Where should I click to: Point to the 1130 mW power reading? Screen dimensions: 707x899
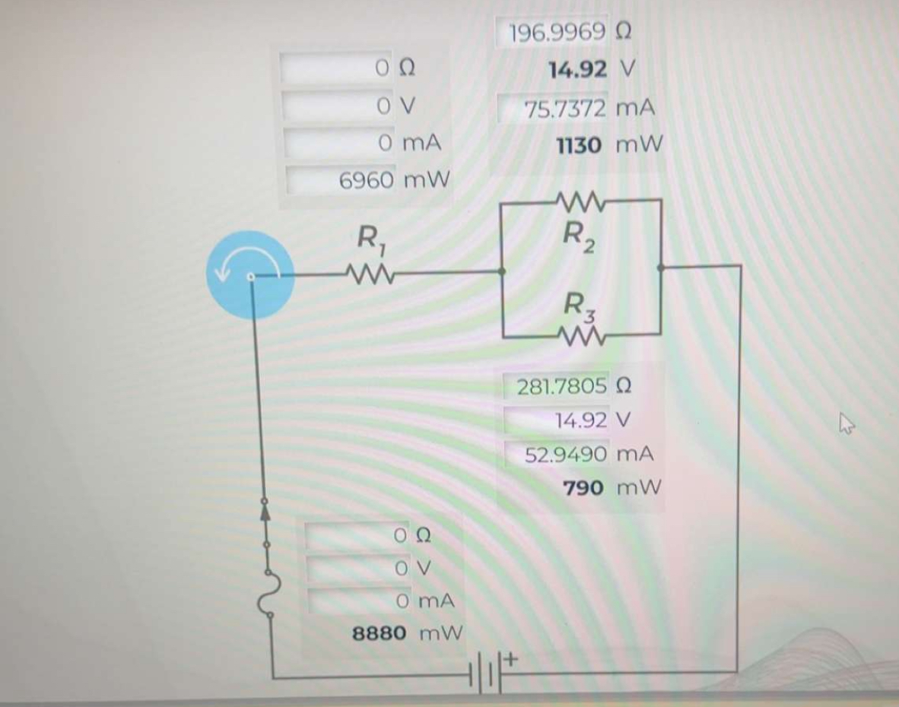608,144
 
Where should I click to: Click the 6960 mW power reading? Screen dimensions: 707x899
395,180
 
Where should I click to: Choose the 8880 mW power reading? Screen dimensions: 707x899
408,632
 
